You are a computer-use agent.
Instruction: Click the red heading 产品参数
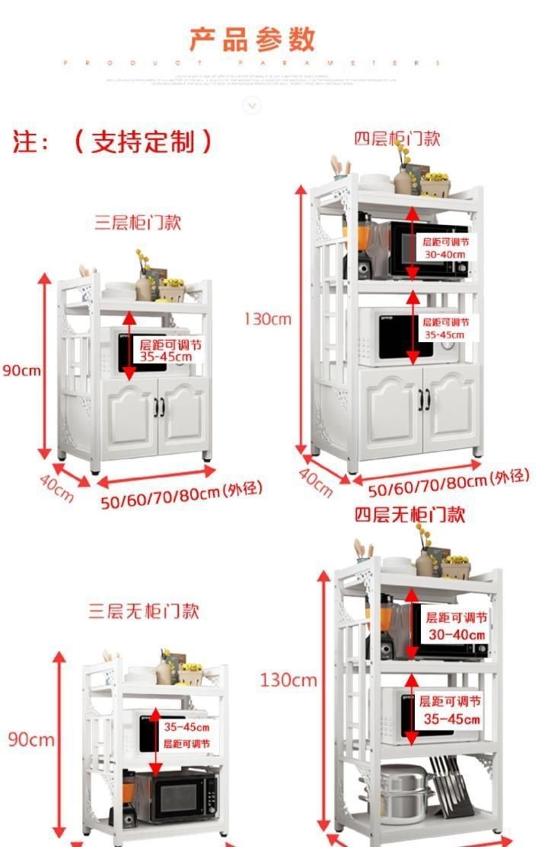pos(252,39)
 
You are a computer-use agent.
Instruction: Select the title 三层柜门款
pos(138,223)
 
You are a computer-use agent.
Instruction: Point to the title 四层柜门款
pos(397,138)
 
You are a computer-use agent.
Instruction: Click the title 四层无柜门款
pos(409,515)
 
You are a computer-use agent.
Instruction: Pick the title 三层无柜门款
pos(144,611)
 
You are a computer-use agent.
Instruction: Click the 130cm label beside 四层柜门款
pos(267,319)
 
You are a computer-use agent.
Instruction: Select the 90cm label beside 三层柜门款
pos(21,371)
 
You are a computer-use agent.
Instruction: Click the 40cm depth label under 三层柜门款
pos(57,487)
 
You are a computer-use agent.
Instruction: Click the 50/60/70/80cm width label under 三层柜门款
pos(181,496)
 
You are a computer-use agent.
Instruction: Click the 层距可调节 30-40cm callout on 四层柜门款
pos(446,248)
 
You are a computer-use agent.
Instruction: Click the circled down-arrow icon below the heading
pos(252,105)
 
